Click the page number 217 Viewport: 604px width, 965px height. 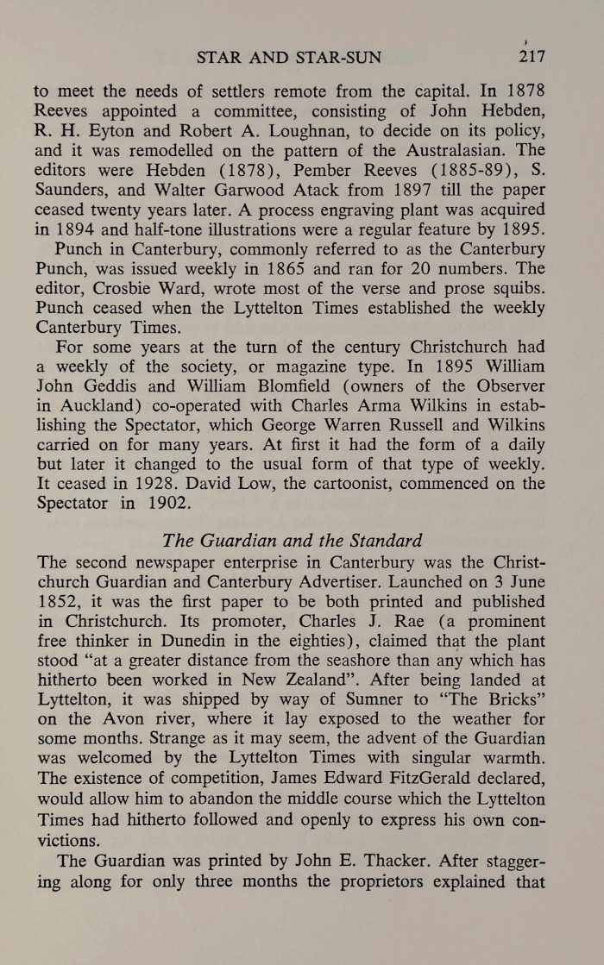point(532,58)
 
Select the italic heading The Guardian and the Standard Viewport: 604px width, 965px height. point(292,542)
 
